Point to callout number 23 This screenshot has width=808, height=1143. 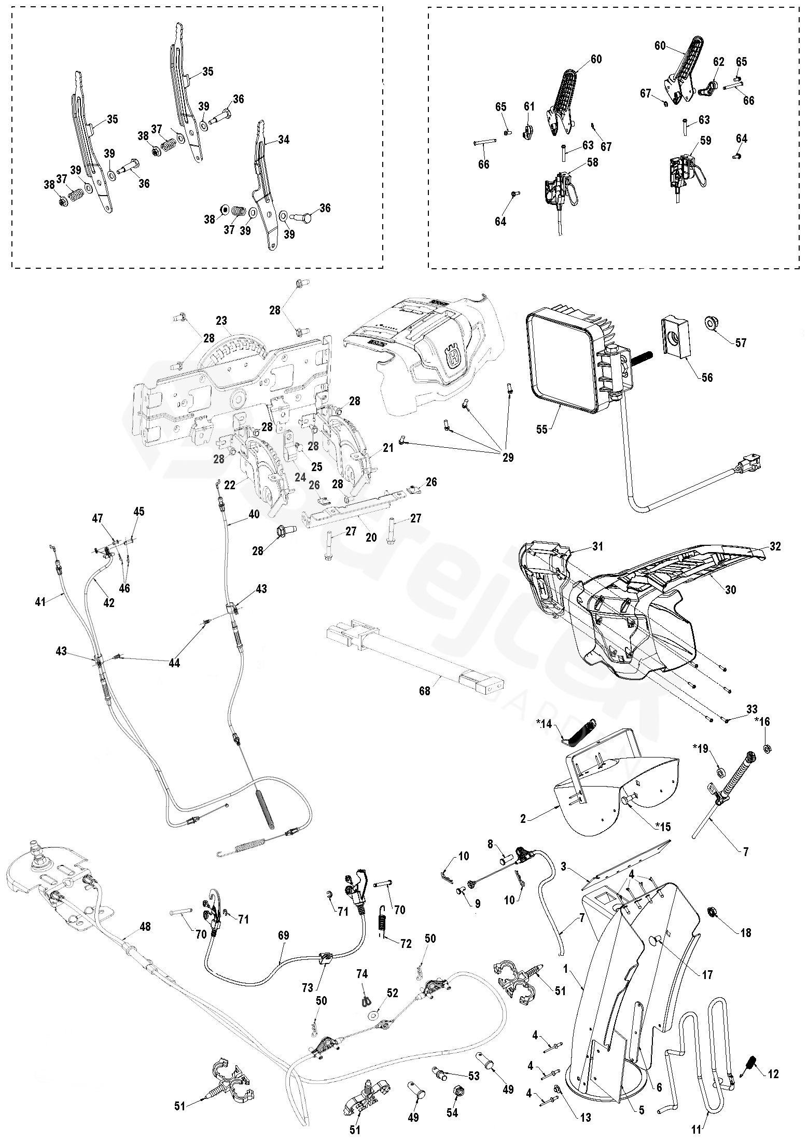222,321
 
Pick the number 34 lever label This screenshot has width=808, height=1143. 284,140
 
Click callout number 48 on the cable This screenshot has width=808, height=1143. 145,926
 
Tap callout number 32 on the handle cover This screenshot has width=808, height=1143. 775,546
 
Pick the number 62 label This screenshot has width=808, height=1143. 718,62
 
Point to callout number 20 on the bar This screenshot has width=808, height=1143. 371,537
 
